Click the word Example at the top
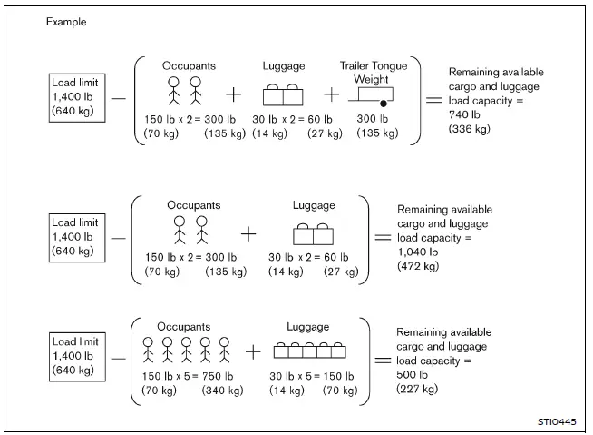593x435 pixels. click(x=68, y=21)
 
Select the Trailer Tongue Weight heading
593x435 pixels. click(x=374, y=72)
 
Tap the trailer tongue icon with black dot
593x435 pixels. click(x=374, y=98)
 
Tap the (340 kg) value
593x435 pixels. click(x=224, y=391)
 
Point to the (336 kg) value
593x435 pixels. click(x=469, y=130)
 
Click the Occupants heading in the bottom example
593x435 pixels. click(x=183, y=326)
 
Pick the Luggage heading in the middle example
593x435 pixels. click(x=313, y=206)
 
